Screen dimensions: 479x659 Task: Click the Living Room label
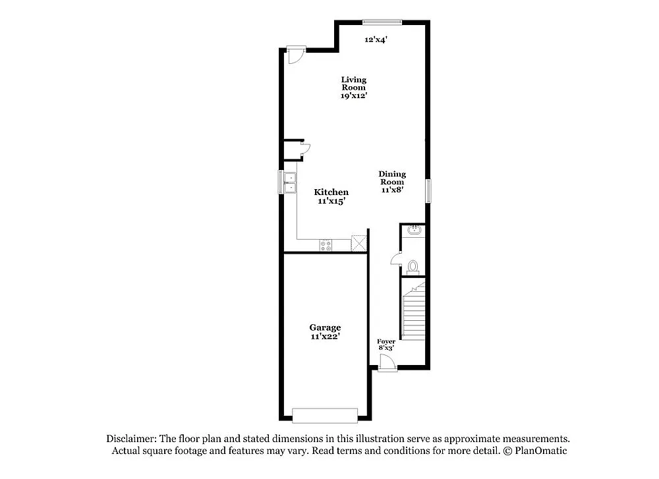(353, 87)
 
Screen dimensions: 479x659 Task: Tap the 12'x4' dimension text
(376, 40)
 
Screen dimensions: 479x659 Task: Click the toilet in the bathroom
(413, 267)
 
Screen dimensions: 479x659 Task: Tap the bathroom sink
(415, 231)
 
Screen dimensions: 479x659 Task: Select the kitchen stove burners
(326, 245)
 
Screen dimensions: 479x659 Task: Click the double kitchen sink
(289, 183)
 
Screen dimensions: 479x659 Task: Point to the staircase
(414, 310)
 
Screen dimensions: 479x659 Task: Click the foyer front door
(386, 363)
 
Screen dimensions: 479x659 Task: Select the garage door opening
(324, 415)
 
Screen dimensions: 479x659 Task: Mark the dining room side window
(428, 190)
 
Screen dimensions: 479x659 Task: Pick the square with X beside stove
(358, 242)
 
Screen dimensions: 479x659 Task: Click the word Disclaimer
(130, 439)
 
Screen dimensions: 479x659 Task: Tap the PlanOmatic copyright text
(534, 451)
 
